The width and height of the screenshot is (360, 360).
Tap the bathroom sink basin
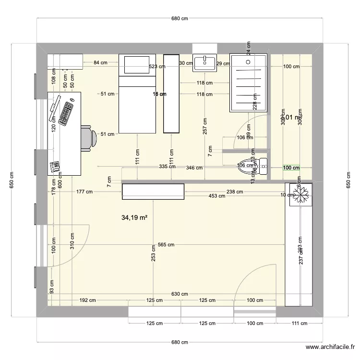(204, 62)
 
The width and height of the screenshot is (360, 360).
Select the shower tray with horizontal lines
(249, 83)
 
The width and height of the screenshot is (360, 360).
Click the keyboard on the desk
(66, 111)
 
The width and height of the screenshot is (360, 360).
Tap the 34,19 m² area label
(134, 218)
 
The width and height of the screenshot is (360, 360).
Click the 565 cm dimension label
(166, 244)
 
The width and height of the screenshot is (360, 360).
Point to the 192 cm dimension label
(87, 300)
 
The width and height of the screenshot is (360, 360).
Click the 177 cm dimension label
(84, 192)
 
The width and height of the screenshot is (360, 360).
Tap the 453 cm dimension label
(217, 196)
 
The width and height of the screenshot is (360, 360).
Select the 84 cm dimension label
(100, 62)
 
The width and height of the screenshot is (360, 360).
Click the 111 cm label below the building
(299, 323)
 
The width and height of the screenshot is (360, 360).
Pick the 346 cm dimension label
(194, 168)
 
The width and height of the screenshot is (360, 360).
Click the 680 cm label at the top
(180, 18)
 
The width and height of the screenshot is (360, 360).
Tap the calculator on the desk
(55, 166)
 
